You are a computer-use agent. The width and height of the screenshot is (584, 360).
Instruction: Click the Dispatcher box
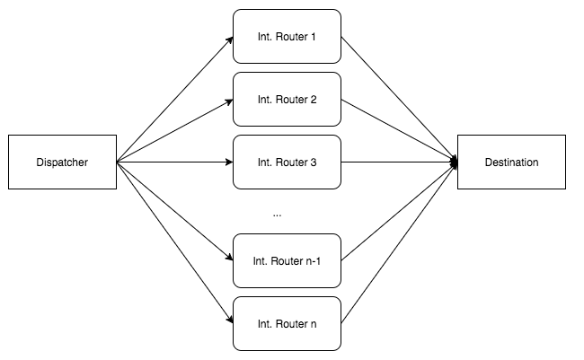63,162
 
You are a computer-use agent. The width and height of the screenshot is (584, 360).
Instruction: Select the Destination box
511,162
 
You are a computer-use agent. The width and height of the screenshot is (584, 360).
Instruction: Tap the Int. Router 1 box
287,37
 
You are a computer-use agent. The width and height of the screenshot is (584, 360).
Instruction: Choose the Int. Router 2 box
287,99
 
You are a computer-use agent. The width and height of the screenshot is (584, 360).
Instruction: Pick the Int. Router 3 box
287,162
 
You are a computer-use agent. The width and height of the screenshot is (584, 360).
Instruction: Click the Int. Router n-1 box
287,260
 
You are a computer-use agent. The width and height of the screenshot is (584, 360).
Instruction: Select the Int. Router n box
287,322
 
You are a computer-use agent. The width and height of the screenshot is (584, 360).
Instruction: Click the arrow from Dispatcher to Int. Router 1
175,100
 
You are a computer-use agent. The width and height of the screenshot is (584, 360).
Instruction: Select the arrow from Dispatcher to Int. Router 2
175,131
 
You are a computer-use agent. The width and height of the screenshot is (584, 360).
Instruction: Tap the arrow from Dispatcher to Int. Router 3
175,162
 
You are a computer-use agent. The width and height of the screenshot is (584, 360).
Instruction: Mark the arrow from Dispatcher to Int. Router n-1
175,211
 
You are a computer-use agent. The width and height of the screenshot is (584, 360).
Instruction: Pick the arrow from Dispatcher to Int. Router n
175,242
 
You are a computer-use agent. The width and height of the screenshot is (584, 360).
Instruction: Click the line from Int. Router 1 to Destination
400,100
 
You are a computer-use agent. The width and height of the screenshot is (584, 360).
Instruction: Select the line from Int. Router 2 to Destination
400,131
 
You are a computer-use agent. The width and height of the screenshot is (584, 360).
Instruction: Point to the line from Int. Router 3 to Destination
400,162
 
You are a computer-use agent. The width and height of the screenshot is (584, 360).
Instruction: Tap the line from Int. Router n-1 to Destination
400,211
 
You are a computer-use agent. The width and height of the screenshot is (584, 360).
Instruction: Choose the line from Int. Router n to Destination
400,242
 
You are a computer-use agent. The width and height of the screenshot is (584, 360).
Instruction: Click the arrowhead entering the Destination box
454,162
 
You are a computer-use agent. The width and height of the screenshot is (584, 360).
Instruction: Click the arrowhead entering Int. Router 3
228,162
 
